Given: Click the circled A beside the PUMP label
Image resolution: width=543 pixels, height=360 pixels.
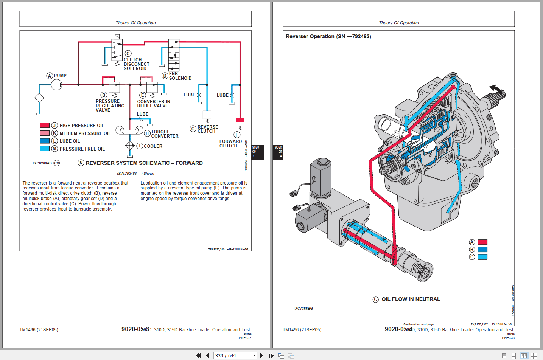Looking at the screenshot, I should (49, 76).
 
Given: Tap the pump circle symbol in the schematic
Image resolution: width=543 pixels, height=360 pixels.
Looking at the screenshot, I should (56, 85).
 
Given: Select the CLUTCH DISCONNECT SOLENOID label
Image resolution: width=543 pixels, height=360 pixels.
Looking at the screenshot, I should (136, 64).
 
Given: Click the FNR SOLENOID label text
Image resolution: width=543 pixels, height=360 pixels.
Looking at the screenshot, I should (180, 76).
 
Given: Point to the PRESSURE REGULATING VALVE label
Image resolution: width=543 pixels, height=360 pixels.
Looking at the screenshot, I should (110, 106).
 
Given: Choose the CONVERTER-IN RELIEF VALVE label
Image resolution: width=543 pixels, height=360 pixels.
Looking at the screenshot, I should (153, 104).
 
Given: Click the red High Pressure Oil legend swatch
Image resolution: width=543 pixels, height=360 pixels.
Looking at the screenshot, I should (45, 125).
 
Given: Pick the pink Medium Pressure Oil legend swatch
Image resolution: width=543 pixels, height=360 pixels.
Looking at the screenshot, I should (45, 133).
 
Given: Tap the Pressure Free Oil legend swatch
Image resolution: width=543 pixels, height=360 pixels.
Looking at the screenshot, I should (45, 149).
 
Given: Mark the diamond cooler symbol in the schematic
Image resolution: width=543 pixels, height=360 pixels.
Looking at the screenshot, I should (130, 146).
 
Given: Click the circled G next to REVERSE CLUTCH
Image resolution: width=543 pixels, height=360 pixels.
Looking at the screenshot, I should (193, 129).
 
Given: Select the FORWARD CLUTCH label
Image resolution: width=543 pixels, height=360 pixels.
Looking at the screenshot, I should (230, 143).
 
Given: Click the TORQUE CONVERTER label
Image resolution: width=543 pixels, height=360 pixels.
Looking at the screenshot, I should (165, 134).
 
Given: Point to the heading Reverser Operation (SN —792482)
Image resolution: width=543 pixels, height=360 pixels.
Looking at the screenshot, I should (328, 36).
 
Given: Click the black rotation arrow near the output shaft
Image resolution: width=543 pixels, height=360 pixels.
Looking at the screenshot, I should (497, 89).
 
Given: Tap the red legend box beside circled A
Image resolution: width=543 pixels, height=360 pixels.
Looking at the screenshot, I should (482, 242).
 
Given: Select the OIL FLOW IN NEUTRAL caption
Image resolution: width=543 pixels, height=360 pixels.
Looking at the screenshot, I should (411, 299).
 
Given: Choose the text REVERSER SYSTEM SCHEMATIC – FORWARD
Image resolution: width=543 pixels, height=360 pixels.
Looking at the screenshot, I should (144, 163).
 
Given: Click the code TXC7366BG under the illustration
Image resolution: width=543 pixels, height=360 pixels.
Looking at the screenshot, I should (303, 309).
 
